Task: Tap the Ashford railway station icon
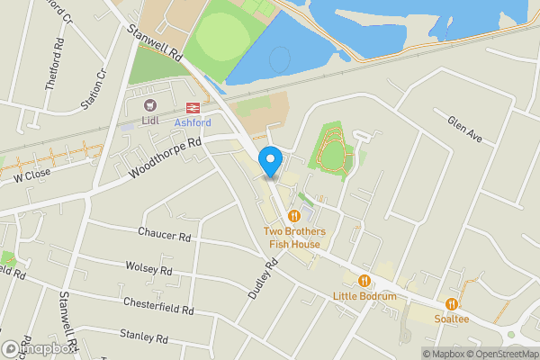(191, 107)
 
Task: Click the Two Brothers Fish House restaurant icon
(294, 216)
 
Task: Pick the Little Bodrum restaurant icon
(364, 280)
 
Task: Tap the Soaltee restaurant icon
(452, 304)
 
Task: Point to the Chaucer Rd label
(165, 235)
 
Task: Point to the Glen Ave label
(465, 129)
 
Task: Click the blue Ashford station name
(192, 121)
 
